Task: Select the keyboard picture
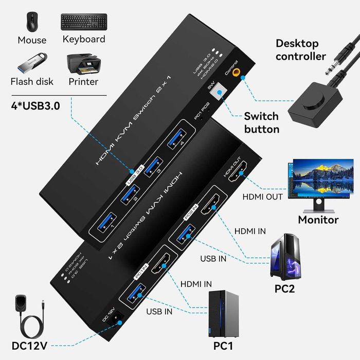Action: tap(83, 21)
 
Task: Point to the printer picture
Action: tap(83, 63)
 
